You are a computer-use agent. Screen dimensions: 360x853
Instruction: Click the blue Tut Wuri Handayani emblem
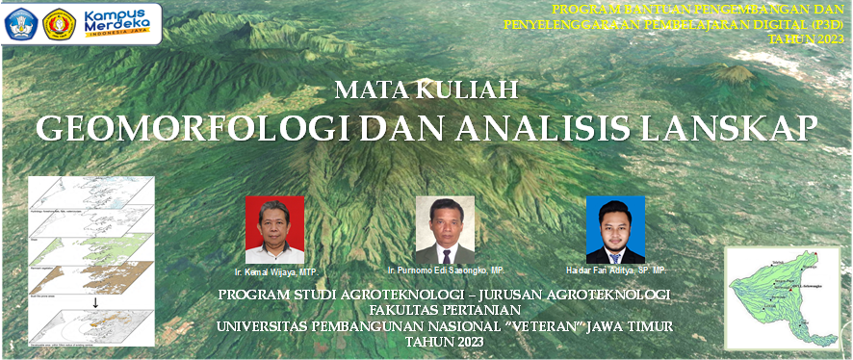click(21, 23)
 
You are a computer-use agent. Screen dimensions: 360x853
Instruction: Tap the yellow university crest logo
click(60, 23)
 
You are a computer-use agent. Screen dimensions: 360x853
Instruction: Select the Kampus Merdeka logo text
click(119, 22)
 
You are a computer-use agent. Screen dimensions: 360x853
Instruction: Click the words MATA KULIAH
click(426, 91)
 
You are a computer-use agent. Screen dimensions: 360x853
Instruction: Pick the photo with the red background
click(274, 229)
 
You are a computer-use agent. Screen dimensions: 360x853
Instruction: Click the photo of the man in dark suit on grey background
click(445, 229)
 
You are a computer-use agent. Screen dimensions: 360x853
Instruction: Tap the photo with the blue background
click(615, 229)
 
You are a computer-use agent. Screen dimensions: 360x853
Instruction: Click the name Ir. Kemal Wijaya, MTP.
click(282, 273)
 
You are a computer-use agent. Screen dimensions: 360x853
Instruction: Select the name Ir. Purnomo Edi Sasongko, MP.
click(444, 270)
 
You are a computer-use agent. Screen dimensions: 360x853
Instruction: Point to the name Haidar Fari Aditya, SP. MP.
click(616, 270)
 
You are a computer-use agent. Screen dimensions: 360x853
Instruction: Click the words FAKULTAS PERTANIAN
click(444, 310)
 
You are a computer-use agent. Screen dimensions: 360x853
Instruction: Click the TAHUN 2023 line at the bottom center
click(444, 342)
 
